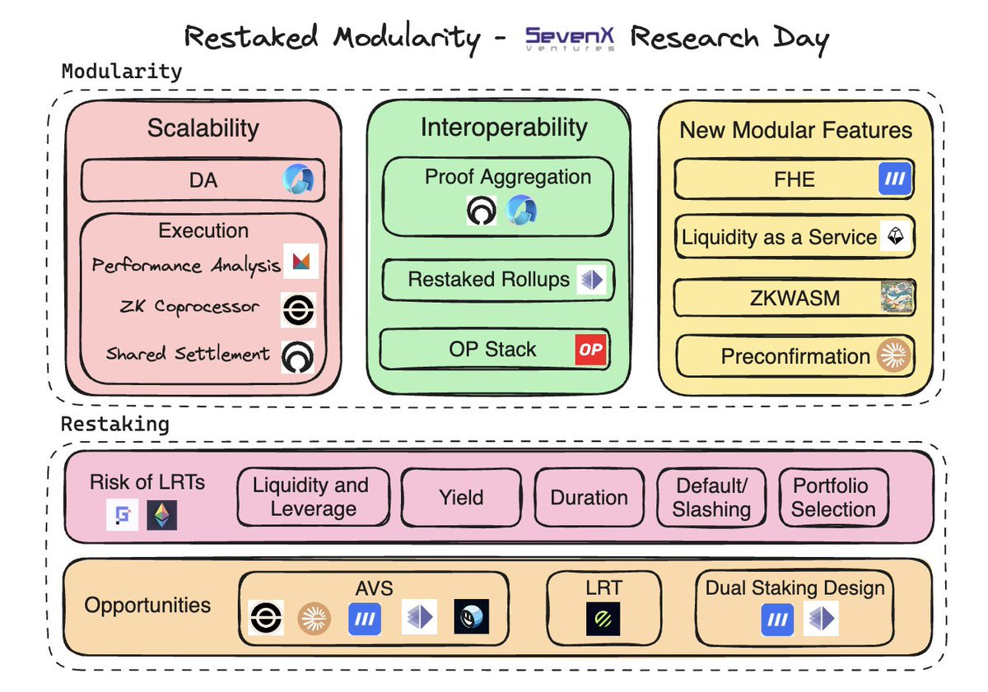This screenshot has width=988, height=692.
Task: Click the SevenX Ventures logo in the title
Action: (x=569, y=38)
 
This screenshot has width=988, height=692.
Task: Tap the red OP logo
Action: (x=590, y=350)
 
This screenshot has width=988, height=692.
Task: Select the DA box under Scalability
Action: (x=203, y=180)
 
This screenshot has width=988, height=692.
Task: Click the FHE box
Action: (x=794, y=179)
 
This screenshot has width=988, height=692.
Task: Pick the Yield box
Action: (x=461, y=497)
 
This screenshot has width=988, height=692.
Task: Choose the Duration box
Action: (x=589, y=497)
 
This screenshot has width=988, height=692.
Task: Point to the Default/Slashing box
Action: (x=711, y=497)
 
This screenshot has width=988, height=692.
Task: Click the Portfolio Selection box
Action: (x=832, y=497)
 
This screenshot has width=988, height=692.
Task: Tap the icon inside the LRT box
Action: (x=603, y=619)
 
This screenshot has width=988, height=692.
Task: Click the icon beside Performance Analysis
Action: (x=300, y=262)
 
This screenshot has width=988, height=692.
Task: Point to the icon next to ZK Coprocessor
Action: (x=298, y=309)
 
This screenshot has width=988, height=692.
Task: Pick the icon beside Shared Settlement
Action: (x=298, y=355)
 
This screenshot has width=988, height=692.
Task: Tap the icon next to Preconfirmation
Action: (x=894, y=355)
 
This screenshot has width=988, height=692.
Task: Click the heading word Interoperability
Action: (x=504, y=128)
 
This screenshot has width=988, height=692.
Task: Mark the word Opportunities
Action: (x=147, y=606)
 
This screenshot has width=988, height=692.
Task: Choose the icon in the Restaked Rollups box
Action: (x=590, y=280)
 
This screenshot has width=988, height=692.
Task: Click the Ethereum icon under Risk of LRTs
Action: (x=162, y=515)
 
